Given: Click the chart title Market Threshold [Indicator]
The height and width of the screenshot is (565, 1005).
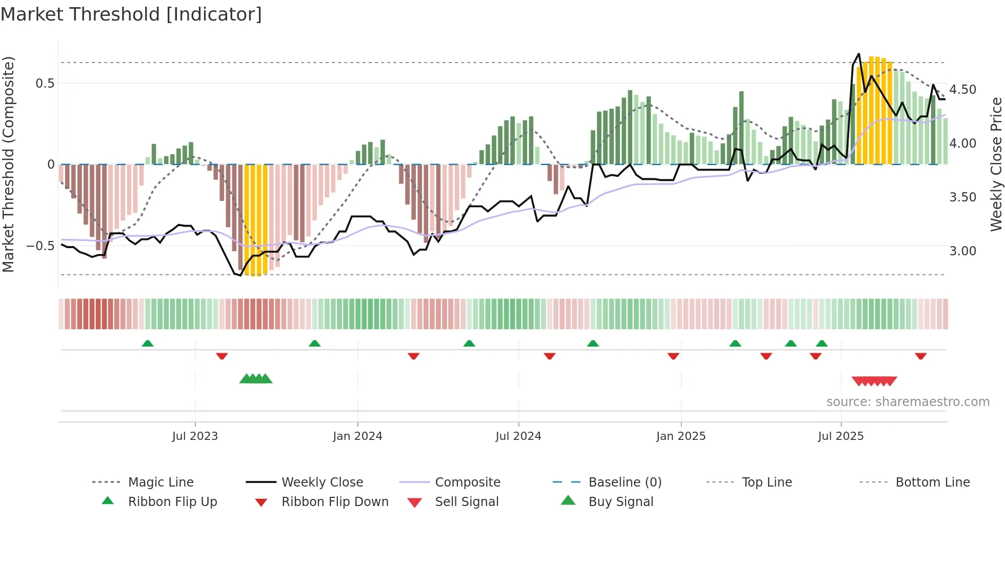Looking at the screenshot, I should click(131, 14).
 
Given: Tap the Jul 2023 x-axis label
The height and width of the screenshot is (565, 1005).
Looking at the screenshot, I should click(195, 436).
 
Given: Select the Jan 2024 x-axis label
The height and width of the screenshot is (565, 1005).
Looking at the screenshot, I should click(357, 436).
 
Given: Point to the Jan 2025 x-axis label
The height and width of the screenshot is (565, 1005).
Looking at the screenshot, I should click(681, 436).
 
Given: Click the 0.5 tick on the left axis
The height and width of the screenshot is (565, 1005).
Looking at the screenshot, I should click(45, 84).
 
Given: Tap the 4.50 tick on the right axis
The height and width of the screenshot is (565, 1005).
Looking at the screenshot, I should click(962, 90).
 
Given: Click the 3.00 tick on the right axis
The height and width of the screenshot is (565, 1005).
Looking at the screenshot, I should click(962, 251).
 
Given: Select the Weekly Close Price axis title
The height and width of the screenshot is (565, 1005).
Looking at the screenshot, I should click(996, 164).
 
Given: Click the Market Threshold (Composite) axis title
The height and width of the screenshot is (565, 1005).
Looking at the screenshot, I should click(8, 164).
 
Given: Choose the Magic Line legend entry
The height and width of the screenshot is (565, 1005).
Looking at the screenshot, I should click(160, 482).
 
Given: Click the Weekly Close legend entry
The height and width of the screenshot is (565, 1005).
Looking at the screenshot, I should click(322, 482).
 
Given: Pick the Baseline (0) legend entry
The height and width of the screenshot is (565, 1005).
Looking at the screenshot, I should click(625, 482).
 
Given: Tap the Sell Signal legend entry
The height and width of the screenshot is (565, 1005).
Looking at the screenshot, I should click(467, 502).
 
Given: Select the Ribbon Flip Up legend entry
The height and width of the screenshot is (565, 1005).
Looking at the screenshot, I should click(172, 502).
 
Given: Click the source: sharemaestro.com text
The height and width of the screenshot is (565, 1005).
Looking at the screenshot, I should click(908, 402).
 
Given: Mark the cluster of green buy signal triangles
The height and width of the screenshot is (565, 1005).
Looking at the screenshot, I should click(256, 379).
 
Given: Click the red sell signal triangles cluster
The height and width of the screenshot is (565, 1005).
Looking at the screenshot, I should click(874, 381).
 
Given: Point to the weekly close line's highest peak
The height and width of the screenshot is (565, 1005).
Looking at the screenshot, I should click(859, 54).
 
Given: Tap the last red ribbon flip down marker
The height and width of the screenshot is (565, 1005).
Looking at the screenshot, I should click(920, 356).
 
